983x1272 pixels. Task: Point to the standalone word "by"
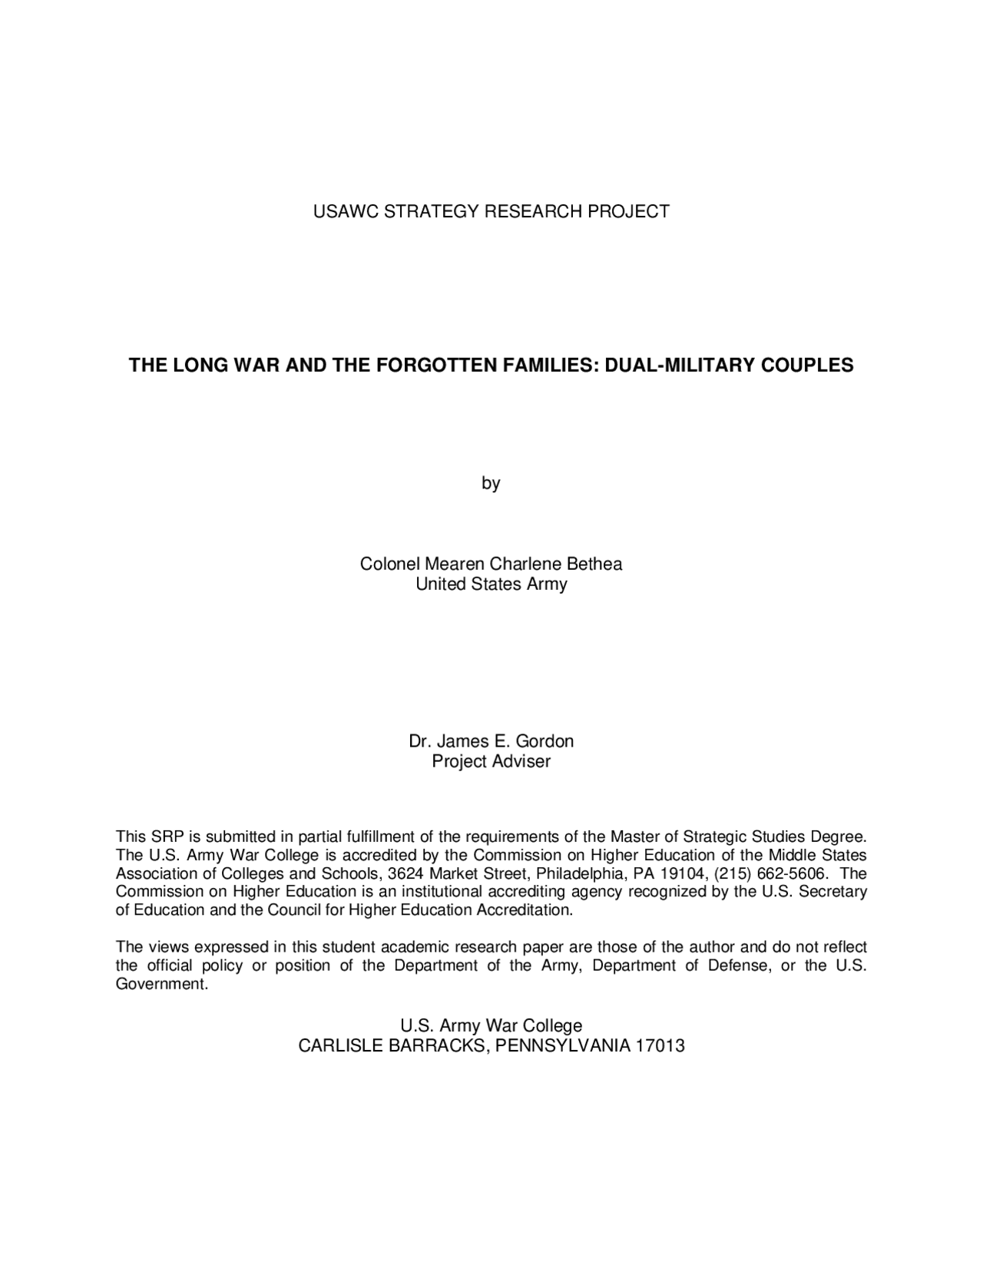click(491, 483)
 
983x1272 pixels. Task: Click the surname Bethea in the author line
click(594, 564)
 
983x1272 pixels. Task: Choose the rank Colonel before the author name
click(389, 564)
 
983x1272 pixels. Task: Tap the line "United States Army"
click(491, 584)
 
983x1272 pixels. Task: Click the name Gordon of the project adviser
click(544, 741)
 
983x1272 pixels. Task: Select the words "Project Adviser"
click(491, 761)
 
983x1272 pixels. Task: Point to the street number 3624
click(406, 873)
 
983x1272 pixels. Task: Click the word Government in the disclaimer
click(161, 984)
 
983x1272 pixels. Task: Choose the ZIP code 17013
click(660, 1045)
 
